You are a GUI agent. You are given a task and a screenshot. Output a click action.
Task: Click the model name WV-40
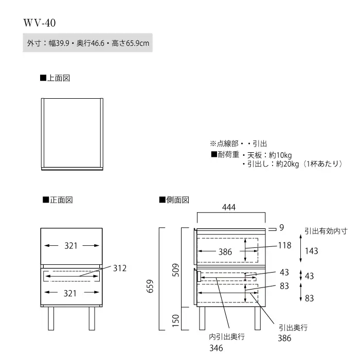(40, 23)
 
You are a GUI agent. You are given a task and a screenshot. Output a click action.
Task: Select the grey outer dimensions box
(88, 43)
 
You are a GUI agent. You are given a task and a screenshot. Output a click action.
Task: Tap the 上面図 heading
(55, 78)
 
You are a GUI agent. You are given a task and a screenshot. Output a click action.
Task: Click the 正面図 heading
(58, 200)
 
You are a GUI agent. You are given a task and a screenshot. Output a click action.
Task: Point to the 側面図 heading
(174, 200)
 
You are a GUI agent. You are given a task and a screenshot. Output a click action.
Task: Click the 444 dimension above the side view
(229, 207)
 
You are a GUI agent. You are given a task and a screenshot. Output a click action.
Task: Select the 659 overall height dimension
(150, 286)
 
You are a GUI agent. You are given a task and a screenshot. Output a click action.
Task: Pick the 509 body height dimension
(176, 270)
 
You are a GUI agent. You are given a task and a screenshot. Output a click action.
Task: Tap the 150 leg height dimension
(176, 320)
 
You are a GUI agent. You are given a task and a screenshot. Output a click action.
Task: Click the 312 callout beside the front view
(120, 268)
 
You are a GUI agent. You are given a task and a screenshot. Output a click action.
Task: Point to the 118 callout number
(285, 245)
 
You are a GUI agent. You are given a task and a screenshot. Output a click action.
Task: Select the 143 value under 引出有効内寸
(311, 251)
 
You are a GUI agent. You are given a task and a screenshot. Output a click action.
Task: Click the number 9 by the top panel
(281, 227)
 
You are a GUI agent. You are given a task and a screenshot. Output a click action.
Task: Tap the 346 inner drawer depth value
(216, 348)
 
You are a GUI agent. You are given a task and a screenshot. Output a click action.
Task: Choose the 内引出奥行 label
(227, 337)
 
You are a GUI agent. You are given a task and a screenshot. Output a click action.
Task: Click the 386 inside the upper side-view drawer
(225, 252)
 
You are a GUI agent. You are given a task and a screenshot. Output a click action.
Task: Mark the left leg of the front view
(51, 318)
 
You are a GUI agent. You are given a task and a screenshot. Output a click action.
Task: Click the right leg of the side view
(258, 318)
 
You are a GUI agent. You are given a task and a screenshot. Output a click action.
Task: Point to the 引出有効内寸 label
(326, 231)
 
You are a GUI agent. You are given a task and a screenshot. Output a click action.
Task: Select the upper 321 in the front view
(71, 246)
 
